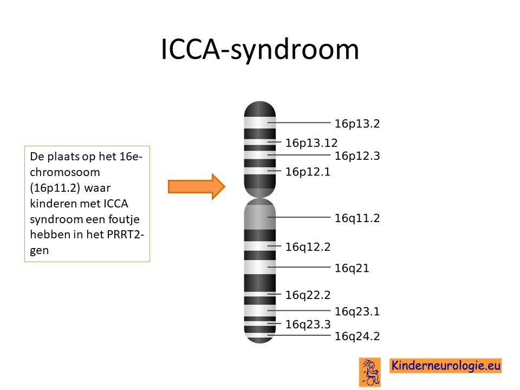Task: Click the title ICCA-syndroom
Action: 259,50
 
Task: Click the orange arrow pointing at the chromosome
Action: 197,186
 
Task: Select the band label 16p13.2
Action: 357,123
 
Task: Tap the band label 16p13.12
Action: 311,143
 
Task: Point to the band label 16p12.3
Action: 357,156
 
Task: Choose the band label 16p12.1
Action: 308,172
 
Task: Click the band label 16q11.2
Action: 357,218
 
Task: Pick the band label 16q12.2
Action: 308,247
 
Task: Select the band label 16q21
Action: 352,268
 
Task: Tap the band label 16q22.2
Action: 308,295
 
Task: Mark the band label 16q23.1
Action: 357,312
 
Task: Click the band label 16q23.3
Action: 308,324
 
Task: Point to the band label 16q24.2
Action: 357,336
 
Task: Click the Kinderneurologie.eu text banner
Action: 445,366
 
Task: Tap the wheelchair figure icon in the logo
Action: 370,372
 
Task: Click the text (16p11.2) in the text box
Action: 55,188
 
